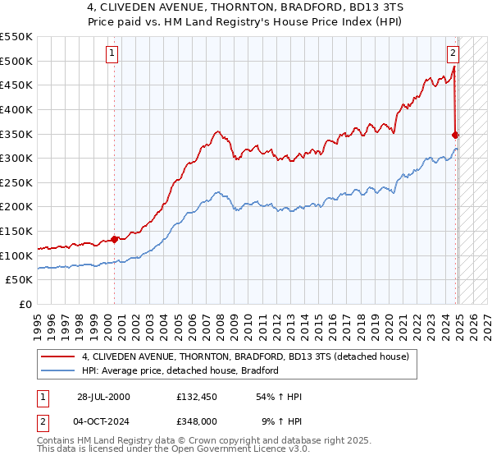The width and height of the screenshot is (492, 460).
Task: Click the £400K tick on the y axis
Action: (x=16, y=109)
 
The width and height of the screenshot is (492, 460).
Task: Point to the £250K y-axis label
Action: (x=16, y=207)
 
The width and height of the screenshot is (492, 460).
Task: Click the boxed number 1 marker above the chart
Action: (x=112, y=55)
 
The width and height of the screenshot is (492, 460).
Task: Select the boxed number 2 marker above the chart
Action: (x=452, y=55)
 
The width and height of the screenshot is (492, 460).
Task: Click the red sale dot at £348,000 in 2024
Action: (x=456, y=135)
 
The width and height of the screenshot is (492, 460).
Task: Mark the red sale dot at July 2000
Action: (x=115, y=240)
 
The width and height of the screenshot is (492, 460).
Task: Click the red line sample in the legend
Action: (x=60, y=357)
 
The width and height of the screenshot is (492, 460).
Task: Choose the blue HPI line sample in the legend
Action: (x=60, y=370)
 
